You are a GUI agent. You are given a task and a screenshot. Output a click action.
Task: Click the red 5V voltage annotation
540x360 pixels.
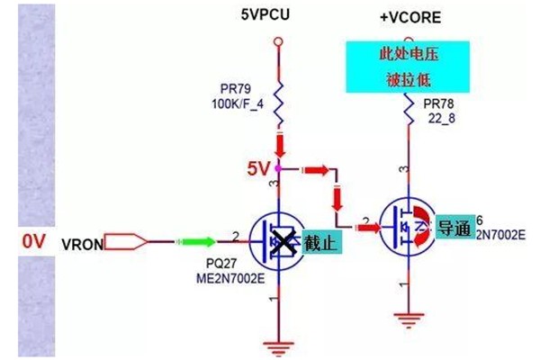pos(259,168)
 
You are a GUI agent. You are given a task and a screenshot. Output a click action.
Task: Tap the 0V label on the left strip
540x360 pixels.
pos(33,241)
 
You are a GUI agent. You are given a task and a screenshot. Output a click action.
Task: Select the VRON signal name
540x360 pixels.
pos(83,243)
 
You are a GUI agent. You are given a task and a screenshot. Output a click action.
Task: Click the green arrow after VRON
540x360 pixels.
pos(196,241)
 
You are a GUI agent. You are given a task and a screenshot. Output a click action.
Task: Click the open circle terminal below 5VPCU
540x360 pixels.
pos(278,40)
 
